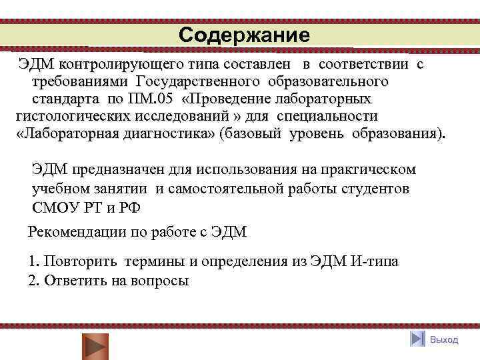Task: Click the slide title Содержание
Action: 244,35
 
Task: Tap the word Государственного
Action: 197,81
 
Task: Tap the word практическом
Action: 365,170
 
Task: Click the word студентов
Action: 373,189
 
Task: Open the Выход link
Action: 444,340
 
